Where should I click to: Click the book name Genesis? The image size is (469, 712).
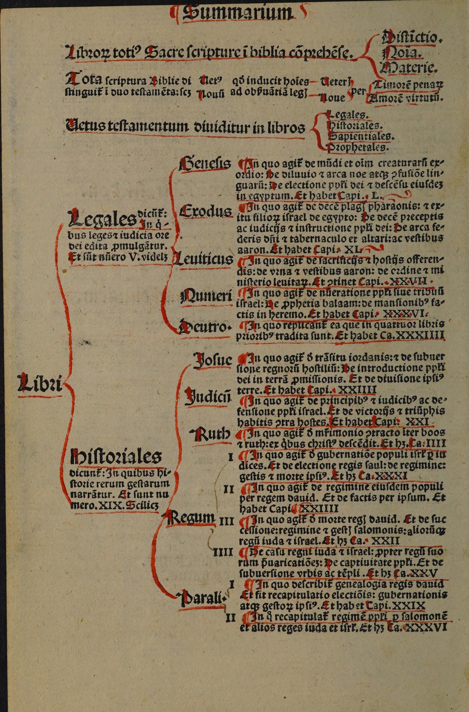pyautogui.click(x=205, y=165)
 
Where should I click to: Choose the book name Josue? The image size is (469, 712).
pyautogui.click(x=212, y=360)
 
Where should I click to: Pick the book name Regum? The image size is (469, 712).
pyautogui.click(x=191, y=518)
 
